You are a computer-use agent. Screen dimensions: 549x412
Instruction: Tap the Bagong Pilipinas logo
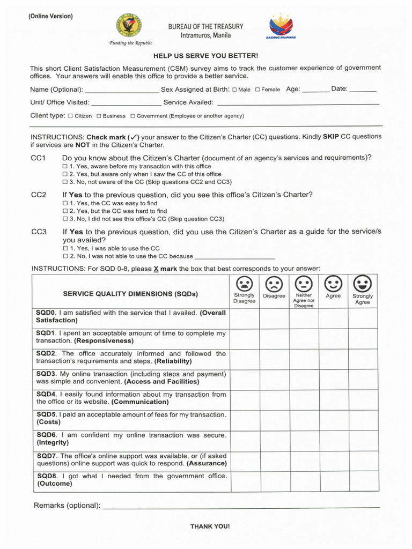click(281, 26)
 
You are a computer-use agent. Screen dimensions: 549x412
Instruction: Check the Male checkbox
click(234, 90)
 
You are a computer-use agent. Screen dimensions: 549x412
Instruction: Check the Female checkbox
click(257, 90)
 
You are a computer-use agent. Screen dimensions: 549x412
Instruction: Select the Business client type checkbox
click(99, 116)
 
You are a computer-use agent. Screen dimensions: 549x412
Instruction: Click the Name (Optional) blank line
click(122, 90)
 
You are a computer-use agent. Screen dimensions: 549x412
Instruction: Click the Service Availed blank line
click(298, 102)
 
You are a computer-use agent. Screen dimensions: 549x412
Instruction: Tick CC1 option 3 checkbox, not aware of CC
click(65, 182)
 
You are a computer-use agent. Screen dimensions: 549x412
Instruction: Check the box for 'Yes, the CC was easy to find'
click(65, 204)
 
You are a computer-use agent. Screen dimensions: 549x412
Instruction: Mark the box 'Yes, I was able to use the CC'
click(65, 249)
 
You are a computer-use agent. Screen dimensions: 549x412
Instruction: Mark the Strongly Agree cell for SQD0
click(363, 318)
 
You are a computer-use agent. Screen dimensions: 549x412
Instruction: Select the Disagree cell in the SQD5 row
click(274, 420)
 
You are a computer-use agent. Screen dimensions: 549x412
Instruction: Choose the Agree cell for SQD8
click(333, 481)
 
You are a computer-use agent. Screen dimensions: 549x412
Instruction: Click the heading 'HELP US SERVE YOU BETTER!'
click(206, 56)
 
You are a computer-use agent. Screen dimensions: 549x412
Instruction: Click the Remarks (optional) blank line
click(241, 506)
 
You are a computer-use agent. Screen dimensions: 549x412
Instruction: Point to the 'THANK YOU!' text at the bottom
click(210, 526)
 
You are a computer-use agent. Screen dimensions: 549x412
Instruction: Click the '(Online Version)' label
click(50, 16)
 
